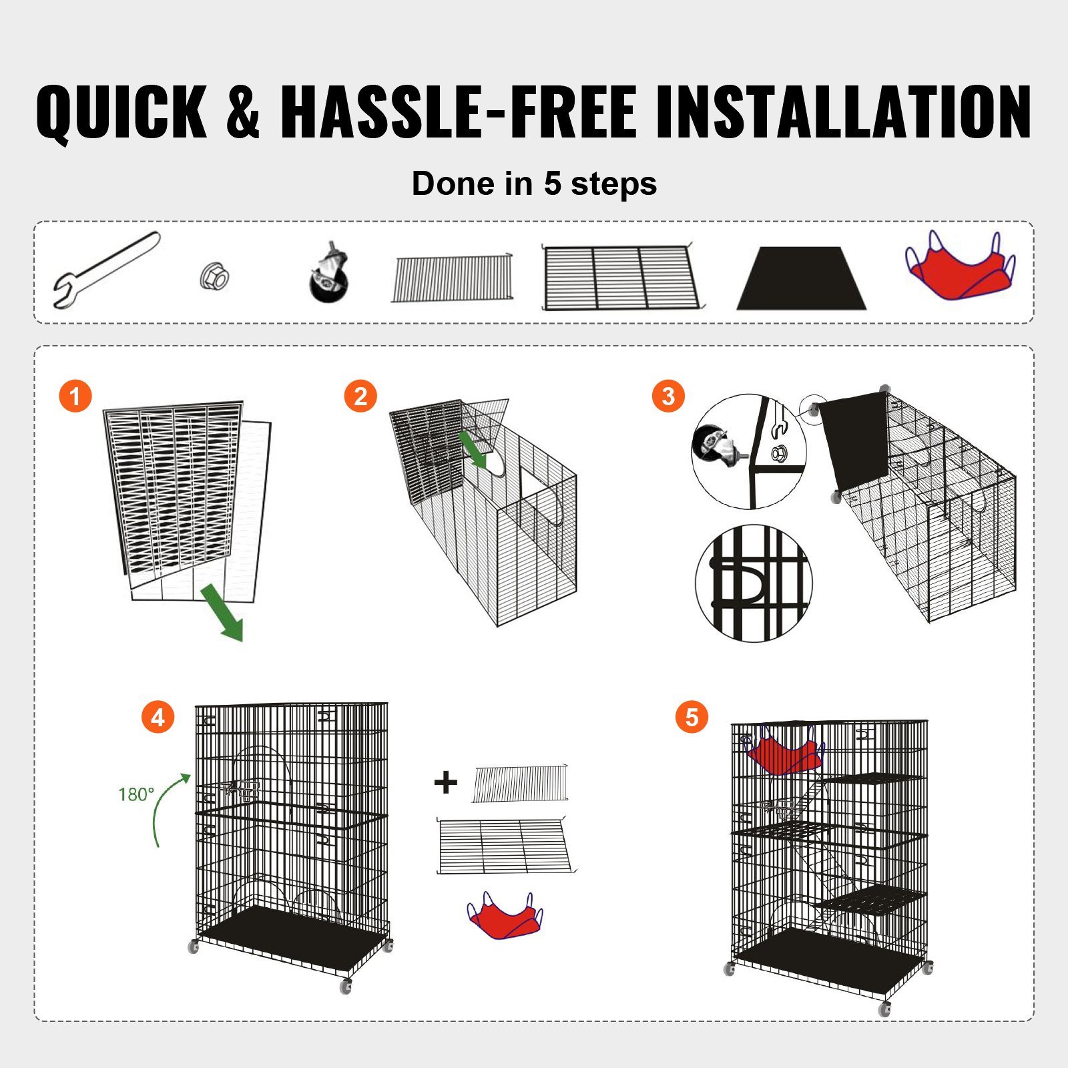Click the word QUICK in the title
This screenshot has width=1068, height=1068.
coord(121,111)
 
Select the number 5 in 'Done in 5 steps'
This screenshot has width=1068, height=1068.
coord(552,184)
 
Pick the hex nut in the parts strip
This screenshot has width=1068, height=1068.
coord(215,275)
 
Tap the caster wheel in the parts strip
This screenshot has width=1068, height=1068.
coord(329,276)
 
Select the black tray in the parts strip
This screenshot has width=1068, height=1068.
coord(801,279)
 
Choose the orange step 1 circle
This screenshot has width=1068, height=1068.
coord(75,396)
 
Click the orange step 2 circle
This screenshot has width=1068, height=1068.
coord(360,396)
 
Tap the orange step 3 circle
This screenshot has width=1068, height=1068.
coord(668,396)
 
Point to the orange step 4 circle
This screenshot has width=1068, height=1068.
coord(158,718)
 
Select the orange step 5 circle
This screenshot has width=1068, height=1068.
coord(692,718)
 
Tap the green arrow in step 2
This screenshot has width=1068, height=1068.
coord(473,449)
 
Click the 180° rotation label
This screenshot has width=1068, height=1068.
coord(136,794)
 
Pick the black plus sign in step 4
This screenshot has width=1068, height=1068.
coord(445,782)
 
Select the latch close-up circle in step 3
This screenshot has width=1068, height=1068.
coord(754,583)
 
